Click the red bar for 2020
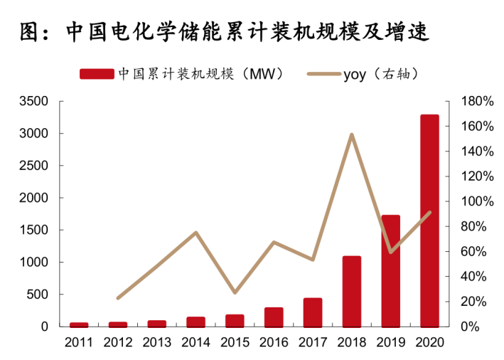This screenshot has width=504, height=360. (429, 221)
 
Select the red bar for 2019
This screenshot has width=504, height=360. (390, 270)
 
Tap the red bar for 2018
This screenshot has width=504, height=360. (352, 291)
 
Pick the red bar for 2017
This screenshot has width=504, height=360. (313, 312)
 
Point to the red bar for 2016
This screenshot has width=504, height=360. (274, 317)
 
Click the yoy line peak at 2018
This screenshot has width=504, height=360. (352, 134)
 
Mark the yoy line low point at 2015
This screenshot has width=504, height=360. (235, 292)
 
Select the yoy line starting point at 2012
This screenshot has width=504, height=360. (118, 298)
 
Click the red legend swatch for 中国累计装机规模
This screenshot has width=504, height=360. (96, 74)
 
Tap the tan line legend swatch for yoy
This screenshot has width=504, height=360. (323, 74)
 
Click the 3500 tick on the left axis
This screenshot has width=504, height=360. (33, 102)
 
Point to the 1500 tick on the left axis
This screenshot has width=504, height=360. (33, 230)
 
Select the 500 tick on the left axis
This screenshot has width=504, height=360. (37, 295)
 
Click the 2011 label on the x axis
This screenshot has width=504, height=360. (79, 342)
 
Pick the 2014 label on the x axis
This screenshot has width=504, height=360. (195, 342)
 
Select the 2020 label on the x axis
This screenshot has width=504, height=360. (429, 342)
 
